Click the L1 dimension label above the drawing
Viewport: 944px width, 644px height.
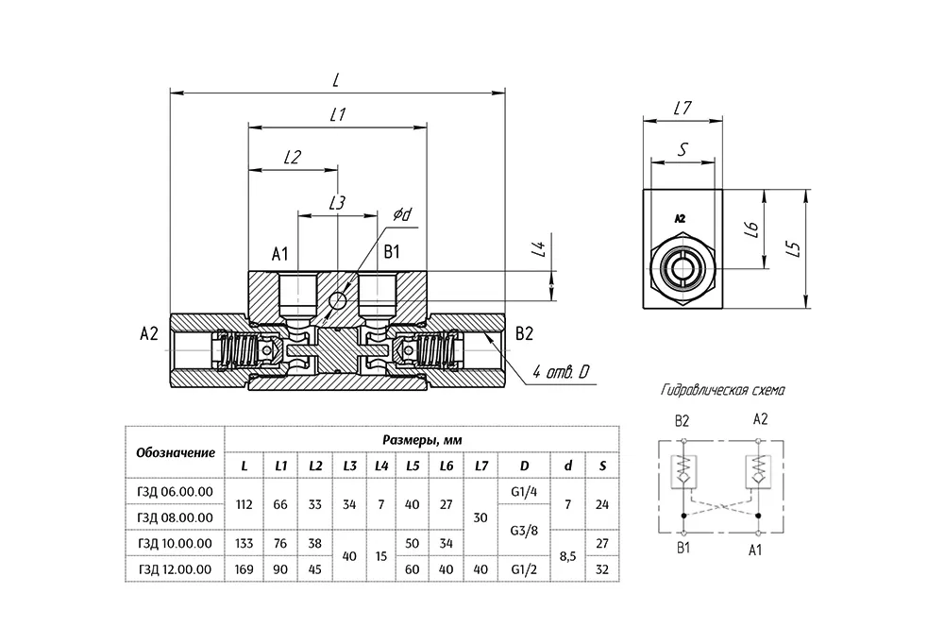pyautogui.click(x=338, y=114)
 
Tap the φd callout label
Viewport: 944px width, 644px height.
pyautogui.click(x=402, y=214)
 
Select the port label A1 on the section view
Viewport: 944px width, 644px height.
pyautogui.click(x=280, y=254)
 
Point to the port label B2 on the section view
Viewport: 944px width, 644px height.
pyautogui.click(x=524, y=333)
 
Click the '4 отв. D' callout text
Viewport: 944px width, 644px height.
pyautogui.click(x=560, y=372)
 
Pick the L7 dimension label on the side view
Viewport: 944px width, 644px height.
pyautogui.click(x=683, y=108)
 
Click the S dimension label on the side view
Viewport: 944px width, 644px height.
pyautogui.click(x=683, y=149)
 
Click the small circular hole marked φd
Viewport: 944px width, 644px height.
pyautogui.click(x=338, y=299)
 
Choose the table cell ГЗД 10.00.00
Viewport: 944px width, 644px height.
pyautogui.click(x=175, y=543)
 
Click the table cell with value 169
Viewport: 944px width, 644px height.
pyautogui.click(x=244, y=569)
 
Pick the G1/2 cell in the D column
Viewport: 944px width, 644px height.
pyautogui.click(x=524, y=569)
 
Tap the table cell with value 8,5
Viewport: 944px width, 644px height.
pyautogui.click(x=567, y=556)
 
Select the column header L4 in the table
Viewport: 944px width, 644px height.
pyautogui.click(x=381, y=466)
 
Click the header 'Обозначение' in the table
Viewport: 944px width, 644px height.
pyautogui.click(x=176, y=452)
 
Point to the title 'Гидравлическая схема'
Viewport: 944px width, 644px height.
pyautogui.click(x=722, y=390)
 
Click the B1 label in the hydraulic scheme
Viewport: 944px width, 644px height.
pyautogui.click(x=683, y=549)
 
